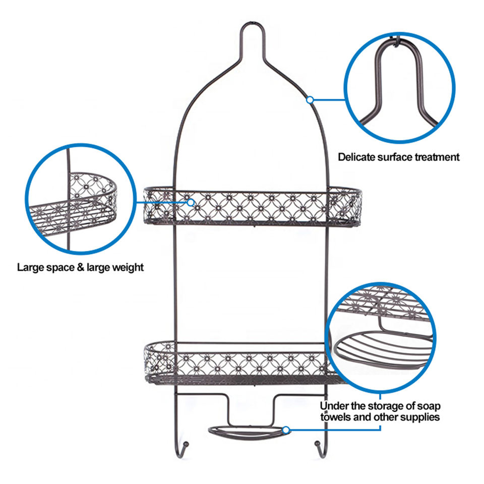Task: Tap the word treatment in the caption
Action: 437,157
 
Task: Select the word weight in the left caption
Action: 128,267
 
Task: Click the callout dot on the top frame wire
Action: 311,100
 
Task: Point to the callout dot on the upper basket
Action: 191,203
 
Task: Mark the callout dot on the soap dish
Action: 286,430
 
